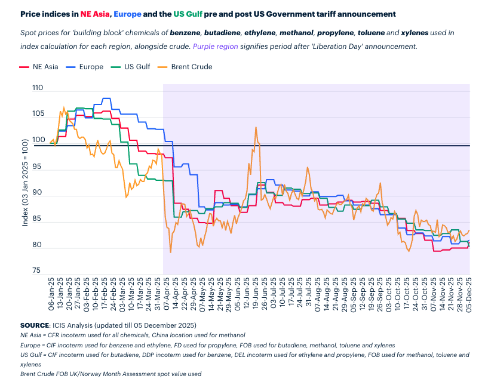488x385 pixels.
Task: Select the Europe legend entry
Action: click(x=90, y=67)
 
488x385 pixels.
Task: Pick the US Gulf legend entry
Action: click(x=137, y=67)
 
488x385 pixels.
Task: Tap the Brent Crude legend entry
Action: click(x=191, y=67)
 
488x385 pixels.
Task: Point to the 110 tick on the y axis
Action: click(x=38, y=88)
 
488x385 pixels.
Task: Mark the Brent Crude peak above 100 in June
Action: click(x=256, y=127)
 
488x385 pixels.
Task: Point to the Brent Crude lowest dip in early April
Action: click(x=171, y=252)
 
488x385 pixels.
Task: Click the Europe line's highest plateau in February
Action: click(x=107, y=98)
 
